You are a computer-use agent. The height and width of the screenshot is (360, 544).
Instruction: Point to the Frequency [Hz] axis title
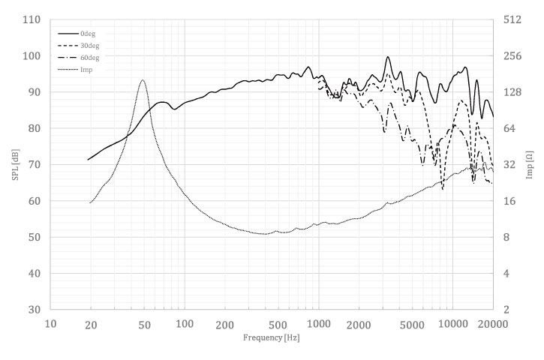(272, 337)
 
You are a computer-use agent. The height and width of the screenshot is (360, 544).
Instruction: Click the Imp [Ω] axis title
(530, 165)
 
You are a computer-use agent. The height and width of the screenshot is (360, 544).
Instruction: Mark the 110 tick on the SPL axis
(31, 19)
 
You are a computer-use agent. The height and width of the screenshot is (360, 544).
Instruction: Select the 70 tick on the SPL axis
(33, 165)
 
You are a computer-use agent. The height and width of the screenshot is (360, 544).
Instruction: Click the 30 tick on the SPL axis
(33, 310)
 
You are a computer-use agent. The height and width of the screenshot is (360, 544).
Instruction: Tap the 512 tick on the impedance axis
(513, 19)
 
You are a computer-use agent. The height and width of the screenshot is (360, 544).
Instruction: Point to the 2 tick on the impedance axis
(507, 310)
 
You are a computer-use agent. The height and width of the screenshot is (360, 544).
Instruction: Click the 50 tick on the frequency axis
(145, 324)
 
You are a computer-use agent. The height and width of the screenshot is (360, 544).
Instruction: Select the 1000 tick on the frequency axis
(319, 324)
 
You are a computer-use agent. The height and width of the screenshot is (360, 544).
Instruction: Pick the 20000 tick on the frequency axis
(492, 324)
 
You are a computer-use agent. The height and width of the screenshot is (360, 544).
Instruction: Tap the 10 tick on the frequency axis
(50, 324)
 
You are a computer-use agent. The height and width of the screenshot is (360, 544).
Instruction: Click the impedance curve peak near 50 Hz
(142, 80)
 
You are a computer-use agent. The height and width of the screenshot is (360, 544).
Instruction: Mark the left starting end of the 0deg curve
(89, 160)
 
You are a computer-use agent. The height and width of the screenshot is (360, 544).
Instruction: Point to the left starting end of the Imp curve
(90, 202)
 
